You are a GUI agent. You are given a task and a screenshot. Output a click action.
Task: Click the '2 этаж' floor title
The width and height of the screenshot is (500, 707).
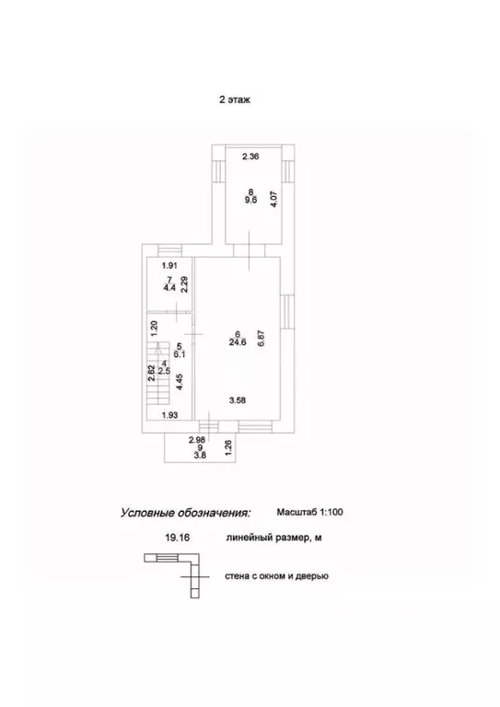(x=235, y=99)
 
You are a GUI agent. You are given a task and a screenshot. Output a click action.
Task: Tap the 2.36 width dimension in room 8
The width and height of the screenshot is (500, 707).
(x=250, y=156)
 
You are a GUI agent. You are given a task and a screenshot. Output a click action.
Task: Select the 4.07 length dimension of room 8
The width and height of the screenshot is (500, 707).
(x=273, y=199)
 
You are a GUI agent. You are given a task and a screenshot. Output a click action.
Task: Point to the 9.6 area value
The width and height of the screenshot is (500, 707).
(x=250, y=200)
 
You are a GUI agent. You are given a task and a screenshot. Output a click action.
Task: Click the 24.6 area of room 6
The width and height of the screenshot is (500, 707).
(x=238, y=342)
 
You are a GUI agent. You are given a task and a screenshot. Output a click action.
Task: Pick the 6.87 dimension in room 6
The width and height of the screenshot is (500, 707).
(x=262, y=339)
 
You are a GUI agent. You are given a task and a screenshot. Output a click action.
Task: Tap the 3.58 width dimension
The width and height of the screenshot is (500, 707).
(x=238, y=400)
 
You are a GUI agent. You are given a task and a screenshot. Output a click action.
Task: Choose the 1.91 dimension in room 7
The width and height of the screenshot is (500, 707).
(x=170, y=266)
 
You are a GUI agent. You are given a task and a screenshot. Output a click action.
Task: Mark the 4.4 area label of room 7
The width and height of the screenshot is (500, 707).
(x=169, y=287)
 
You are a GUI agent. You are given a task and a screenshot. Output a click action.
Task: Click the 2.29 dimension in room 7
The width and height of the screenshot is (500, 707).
(x=184, y=284)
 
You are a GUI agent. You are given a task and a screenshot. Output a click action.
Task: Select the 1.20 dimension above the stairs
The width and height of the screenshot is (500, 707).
(x=153, y=329)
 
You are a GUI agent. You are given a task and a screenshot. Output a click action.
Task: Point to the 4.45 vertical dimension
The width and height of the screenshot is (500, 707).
(x=180, y=381)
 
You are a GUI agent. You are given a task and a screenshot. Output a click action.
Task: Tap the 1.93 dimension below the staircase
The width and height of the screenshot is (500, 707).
(x=169, y=415)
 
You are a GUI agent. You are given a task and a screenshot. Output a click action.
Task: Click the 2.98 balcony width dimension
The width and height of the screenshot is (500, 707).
(x=197, y=440)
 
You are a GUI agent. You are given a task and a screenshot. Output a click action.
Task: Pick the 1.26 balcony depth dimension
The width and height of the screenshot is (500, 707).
(x=228, y=448)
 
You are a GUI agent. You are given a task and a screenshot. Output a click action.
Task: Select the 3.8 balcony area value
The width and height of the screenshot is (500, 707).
(x=200, y=456)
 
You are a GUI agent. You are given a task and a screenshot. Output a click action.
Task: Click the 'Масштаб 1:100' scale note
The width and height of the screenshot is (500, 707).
(x=309, y=512)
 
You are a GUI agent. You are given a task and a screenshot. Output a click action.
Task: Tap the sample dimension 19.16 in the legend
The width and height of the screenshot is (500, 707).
(x=178, y=538)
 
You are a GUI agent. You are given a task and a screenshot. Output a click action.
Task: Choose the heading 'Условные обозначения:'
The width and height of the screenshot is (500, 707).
(x=185, y=513)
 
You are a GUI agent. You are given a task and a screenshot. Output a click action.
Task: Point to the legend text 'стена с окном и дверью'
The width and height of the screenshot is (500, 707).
(x=277, y=575)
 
